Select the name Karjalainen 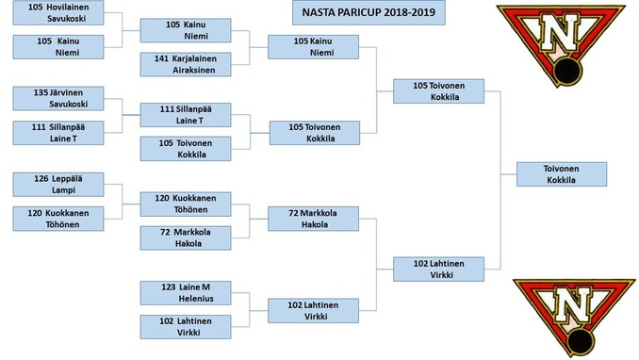pos(194,58)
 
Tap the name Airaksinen pos(193,70)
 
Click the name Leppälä pos(67,179)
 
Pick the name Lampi pos(63,190)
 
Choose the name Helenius pos(196,299)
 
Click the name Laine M pos(195,287)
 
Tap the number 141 pos(161,58)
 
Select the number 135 pos(41,92)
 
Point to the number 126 pos(41,179)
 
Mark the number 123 pos(169,287)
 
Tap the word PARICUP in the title pos(355,12)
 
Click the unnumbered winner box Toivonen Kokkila pos(562,174)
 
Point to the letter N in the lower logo pos(572,305)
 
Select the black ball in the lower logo pos(581,341)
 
